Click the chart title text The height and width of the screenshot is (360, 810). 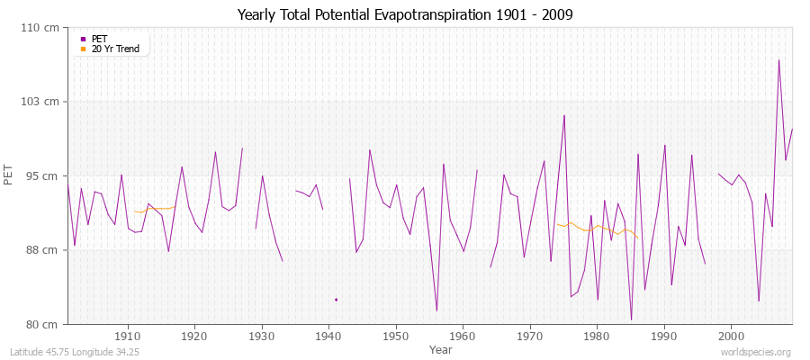tap(405, 15)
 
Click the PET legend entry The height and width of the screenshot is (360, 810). tap(99, 39)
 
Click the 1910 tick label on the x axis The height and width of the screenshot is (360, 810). tap(128, 336)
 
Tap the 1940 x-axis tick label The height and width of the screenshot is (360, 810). tap(328, 336)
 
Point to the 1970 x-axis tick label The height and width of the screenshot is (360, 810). tap(530, 336)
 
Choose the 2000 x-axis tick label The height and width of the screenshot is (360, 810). tap(731, 336)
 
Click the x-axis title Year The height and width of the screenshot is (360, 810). tap(441, 348)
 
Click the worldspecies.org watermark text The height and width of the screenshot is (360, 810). tap(755, 352)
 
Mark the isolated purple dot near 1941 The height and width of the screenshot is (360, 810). tap(336, 300)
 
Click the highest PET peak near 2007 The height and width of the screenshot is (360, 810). tap(778, 60)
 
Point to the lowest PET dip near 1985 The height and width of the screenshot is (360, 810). tap(631, 319)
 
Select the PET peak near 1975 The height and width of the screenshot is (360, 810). tap(564, 115)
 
